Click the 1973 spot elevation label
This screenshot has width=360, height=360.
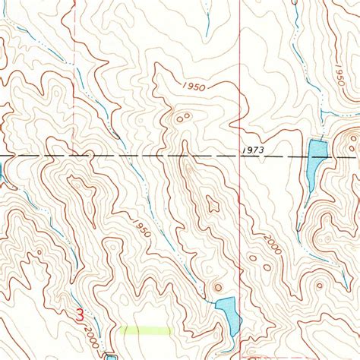coord(254,150)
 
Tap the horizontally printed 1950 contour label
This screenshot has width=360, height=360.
coord(193,87)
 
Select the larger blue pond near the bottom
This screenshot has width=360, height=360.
coord(228,312)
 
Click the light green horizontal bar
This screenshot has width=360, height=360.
coord(144,330)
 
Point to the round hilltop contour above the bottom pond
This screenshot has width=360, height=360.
coord(219,287)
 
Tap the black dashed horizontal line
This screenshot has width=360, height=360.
coord(114,156)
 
